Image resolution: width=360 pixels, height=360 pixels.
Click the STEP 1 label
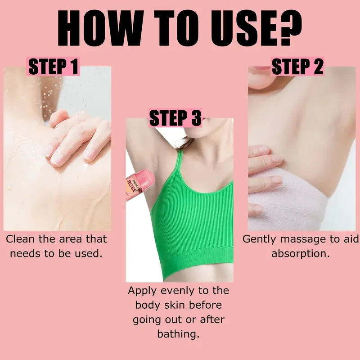coord(53,66)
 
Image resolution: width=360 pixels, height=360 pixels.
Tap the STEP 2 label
coord(297,66)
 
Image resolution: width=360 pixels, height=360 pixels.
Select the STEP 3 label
coord(175,118)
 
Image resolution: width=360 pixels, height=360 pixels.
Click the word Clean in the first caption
coord(21,239)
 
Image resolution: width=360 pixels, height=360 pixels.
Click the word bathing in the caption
coord(178,334)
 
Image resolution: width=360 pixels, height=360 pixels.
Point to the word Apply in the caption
coord(142,291)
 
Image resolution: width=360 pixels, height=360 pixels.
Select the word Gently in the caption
coord(260,239)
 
